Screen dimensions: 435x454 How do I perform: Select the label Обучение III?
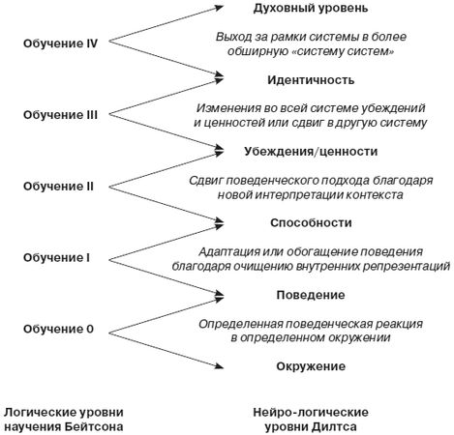[60, 115]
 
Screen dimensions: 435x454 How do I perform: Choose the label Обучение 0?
[60, 330]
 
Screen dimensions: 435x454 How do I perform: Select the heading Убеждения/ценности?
[310, 152]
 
